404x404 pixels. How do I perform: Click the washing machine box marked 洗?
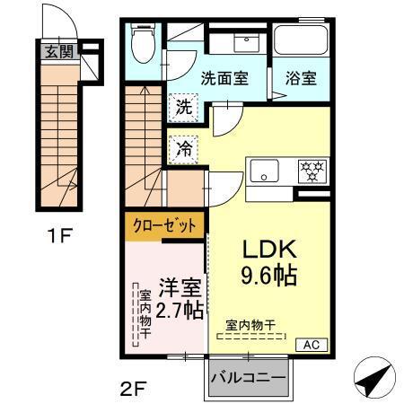pos(183,106)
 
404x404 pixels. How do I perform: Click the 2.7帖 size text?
pos(180,312)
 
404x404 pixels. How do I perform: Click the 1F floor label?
pos(60,237)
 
